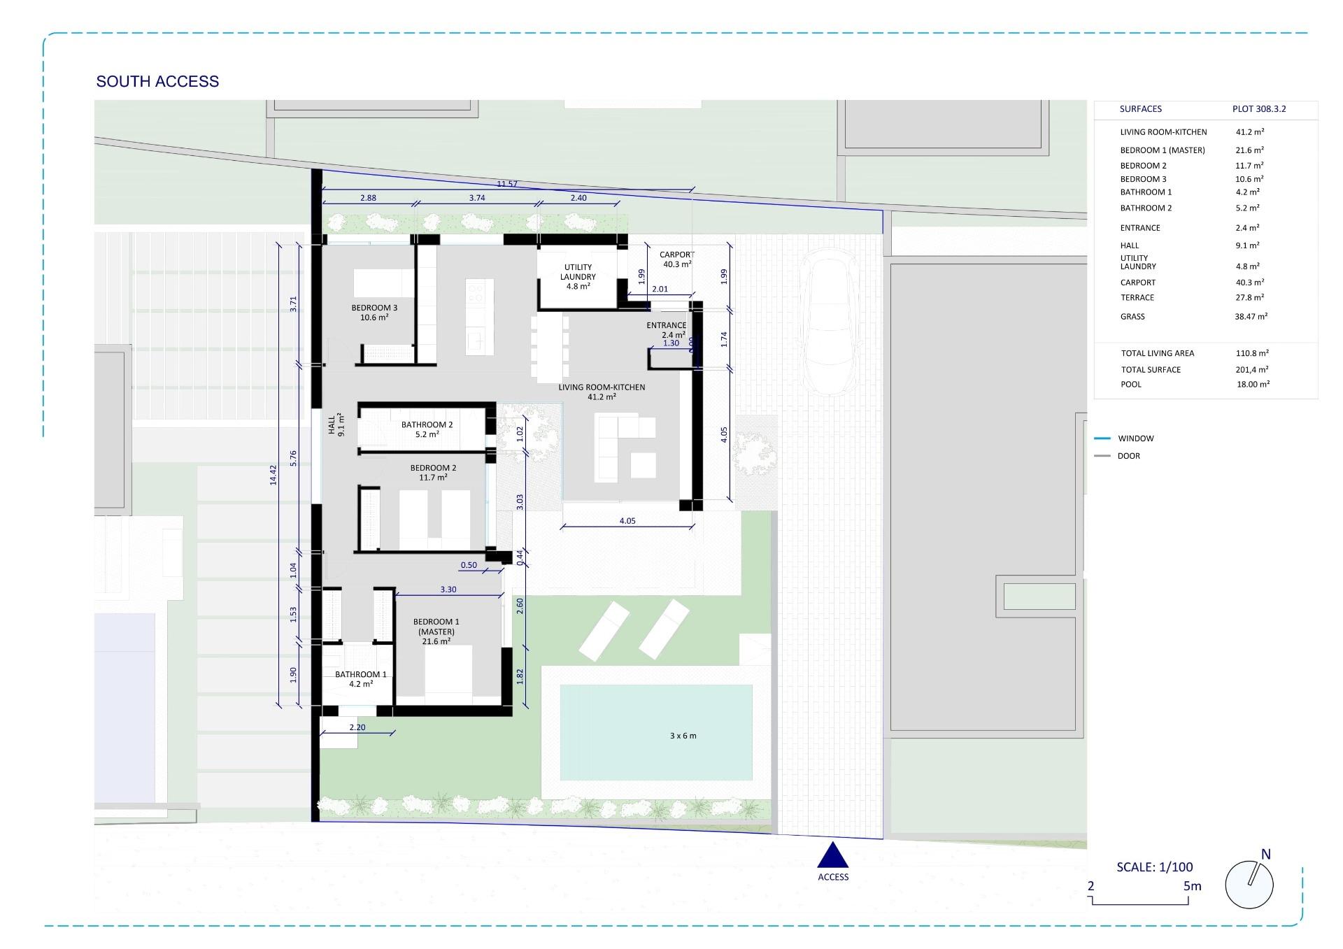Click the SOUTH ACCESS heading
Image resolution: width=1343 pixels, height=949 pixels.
[x=157, y=82]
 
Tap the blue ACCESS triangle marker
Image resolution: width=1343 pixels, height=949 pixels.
[x=832, y=856]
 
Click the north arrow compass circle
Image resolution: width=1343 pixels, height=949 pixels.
[x=1249, y=885]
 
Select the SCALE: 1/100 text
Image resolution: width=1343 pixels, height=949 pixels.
[x=1154, y=867]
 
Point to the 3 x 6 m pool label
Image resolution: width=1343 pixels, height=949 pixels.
[x=683, y=736]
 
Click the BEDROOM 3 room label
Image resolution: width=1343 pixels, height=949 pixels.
[x=374, y=312]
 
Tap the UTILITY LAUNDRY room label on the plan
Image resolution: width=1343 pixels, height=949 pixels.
[x=578, y=276]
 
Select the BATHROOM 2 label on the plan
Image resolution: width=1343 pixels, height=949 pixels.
[x=427, y=429]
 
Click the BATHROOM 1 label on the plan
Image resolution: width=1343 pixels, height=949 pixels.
[x=360, y=679]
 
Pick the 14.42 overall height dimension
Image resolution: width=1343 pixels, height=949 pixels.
[x=273, y=475]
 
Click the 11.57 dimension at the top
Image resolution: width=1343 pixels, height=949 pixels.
[x=507, y=184]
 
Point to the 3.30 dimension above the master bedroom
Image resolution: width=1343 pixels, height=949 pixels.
[x=448, y=590]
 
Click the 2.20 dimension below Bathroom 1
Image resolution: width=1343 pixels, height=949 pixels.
[x=357, y=727]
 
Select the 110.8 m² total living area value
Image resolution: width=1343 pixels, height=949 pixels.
[x=1252, y=353]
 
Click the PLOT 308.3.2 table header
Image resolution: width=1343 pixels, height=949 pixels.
[x=1259, y=109]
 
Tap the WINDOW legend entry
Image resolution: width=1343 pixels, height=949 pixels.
[x=1135, y=438]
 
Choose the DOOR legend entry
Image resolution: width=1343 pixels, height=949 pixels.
[x=1128, y=456]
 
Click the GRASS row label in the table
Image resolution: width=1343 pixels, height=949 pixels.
[x=1132, y=317]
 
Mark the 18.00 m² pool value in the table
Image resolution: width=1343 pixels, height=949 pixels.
[x=1253, y=384]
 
